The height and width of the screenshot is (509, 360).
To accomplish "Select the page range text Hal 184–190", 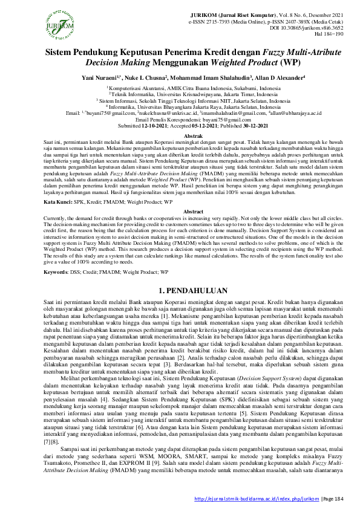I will pyautogui.click(x=331, y=34).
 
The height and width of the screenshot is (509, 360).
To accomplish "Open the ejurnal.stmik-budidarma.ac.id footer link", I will pyautogui.click(x=255, y=498).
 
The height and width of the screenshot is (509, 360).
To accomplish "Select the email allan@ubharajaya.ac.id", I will pyautogui.click(x=293, y=113).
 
